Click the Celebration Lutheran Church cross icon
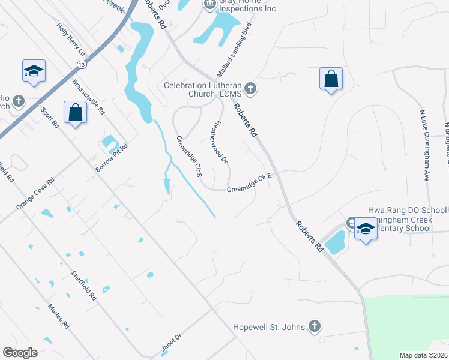pyautogui.click(x=251, y=90)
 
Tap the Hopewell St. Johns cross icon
pyautogui.click(x=313, y=327)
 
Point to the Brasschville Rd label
pyautogui.click(x=89, y=97)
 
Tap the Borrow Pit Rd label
pyautogui.click(x=112, y=158)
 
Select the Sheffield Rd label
pyautogui.click(x=84, y=284)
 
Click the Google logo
pyautogui.click(x=20, y=353)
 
